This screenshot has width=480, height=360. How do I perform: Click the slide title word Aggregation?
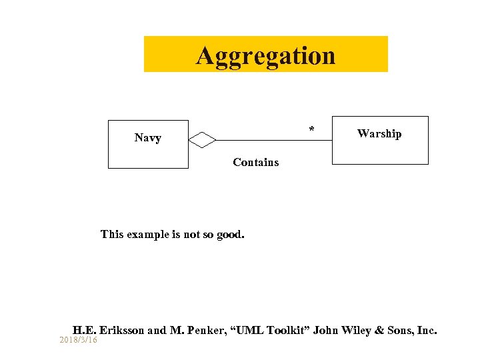pos(265,55)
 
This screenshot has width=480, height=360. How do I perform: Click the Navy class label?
pos(147,138)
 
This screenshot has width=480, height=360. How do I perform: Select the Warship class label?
pos(379,134)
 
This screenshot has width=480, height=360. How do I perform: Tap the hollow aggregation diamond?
pos(203,140)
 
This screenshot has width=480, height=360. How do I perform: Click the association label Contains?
pos(256,163)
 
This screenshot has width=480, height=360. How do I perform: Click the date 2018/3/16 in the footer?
pos(78,340)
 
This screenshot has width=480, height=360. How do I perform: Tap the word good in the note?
pos(231,235)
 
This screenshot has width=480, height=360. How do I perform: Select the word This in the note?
pos(112,235)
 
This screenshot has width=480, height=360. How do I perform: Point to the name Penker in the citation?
pos(203,330)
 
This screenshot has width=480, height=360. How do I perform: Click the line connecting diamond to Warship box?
pos(273,140)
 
